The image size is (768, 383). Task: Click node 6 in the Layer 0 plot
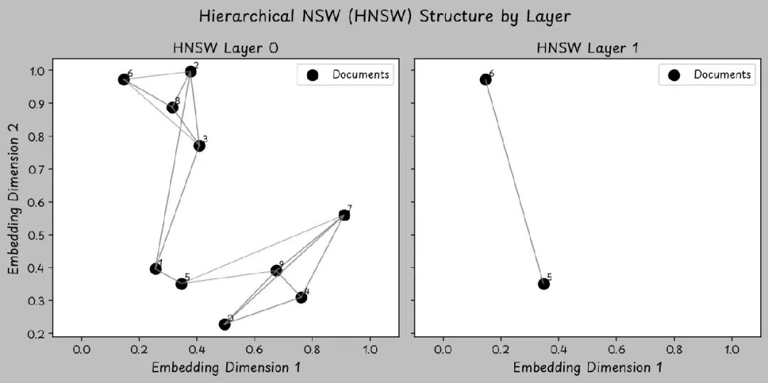click(124, 80)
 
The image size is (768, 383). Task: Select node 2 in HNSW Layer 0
click(191, 71)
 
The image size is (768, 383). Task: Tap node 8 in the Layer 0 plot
click(172, 107)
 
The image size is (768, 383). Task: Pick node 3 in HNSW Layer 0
click(199, 146)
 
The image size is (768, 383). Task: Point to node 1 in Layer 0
click(156, 269)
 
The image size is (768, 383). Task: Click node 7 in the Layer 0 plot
click(344, 215)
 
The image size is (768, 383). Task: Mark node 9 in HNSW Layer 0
click(276, 271)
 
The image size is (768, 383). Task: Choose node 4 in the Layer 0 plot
click(302, 297)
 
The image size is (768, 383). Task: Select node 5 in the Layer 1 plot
click(544, 284)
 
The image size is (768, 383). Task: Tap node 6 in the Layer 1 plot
click(485, 80)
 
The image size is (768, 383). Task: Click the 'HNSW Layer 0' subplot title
click(225, 48)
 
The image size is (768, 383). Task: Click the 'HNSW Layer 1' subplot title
click(587, 48)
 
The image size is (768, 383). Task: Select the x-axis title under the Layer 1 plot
click(587, 367)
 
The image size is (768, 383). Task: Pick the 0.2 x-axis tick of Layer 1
click(501, 350)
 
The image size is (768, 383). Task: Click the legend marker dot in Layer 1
click(673, 75)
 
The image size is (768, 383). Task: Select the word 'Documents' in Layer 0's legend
click(361, 75)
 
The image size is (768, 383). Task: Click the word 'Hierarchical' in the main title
click(246, 16)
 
